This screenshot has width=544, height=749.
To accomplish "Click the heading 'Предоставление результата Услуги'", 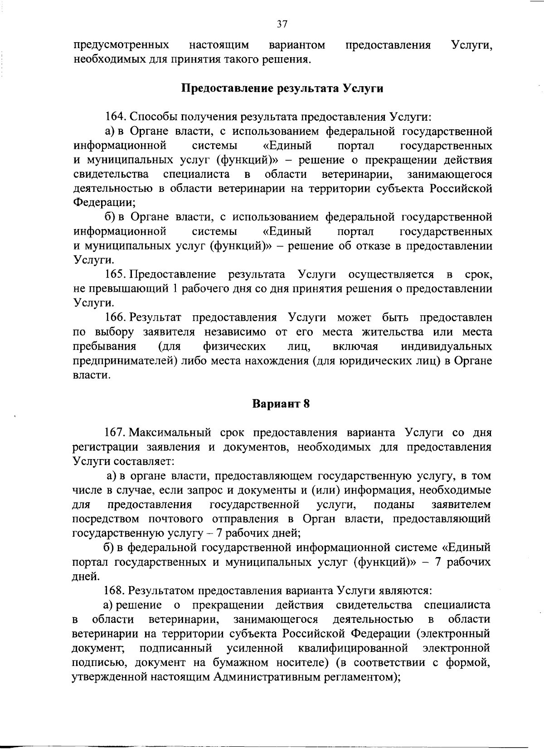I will [x=282, y=88].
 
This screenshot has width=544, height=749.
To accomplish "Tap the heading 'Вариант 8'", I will [x=281, y=403].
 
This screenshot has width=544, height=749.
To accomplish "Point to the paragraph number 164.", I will [x=116, y=117].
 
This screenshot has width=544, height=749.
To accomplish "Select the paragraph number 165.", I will [x=116, y=274].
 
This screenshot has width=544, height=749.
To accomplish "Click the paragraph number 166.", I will [x=116, y=318].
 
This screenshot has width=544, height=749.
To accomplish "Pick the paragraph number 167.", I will [x=116, y=432].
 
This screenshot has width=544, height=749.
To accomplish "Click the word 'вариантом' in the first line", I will [x=296, y=45].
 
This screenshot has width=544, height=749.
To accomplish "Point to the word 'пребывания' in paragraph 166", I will [x=104, y=347].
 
